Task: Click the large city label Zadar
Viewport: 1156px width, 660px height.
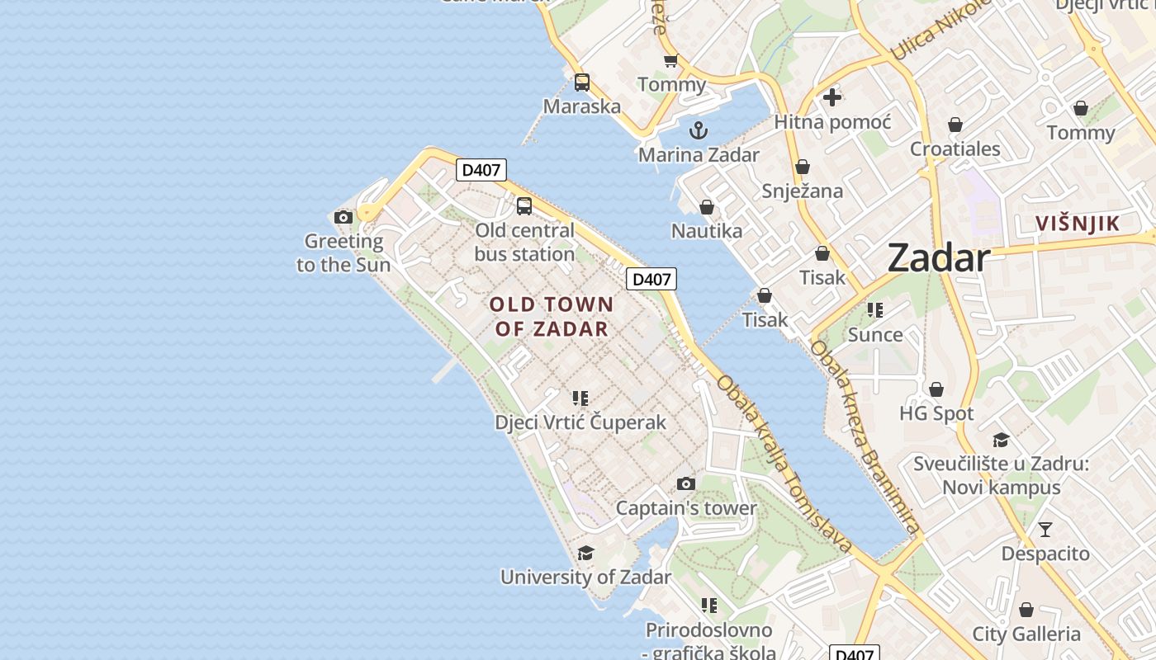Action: tap(939, 258)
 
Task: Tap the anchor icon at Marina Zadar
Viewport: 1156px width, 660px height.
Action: tap(699, 130)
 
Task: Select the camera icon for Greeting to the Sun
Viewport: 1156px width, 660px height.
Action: tap(343, 218)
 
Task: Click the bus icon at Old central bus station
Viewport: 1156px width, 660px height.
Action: tap(524, 206)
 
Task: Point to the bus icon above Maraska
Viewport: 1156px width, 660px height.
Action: tap(582, 82)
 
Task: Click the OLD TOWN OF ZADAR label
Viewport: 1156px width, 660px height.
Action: tap(552, 316)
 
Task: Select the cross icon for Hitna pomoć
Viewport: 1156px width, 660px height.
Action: tap(832, 97)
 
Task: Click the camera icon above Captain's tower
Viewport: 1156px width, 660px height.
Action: tap(685, 483)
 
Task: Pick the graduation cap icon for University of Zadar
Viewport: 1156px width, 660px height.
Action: tap(585, 553)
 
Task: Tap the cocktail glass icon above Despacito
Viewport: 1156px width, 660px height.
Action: tap(1045, 530)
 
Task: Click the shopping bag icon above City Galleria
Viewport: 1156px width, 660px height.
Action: tap(1026, 610)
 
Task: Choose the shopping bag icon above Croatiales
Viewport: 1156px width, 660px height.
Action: tap(955, 125)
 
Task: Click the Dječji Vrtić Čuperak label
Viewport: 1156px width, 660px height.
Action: tap(580, 422)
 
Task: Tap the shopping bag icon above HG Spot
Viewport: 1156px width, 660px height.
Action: tap(936, 389)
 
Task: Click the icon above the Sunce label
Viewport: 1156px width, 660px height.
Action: tap(875, 310)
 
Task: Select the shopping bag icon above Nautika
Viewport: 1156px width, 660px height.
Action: tap(706, 207)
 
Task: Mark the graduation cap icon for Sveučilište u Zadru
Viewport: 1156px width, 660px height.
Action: tap(1001, 440)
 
